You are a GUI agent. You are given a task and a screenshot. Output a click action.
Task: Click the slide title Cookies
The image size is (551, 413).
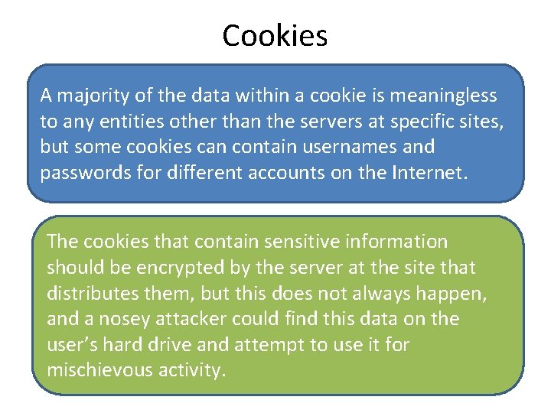275,35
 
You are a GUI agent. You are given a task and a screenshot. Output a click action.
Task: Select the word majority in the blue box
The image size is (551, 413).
87,96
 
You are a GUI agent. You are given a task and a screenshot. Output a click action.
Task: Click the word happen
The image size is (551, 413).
456,294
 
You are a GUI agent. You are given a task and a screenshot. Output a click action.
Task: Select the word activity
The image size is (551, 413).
197,371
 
